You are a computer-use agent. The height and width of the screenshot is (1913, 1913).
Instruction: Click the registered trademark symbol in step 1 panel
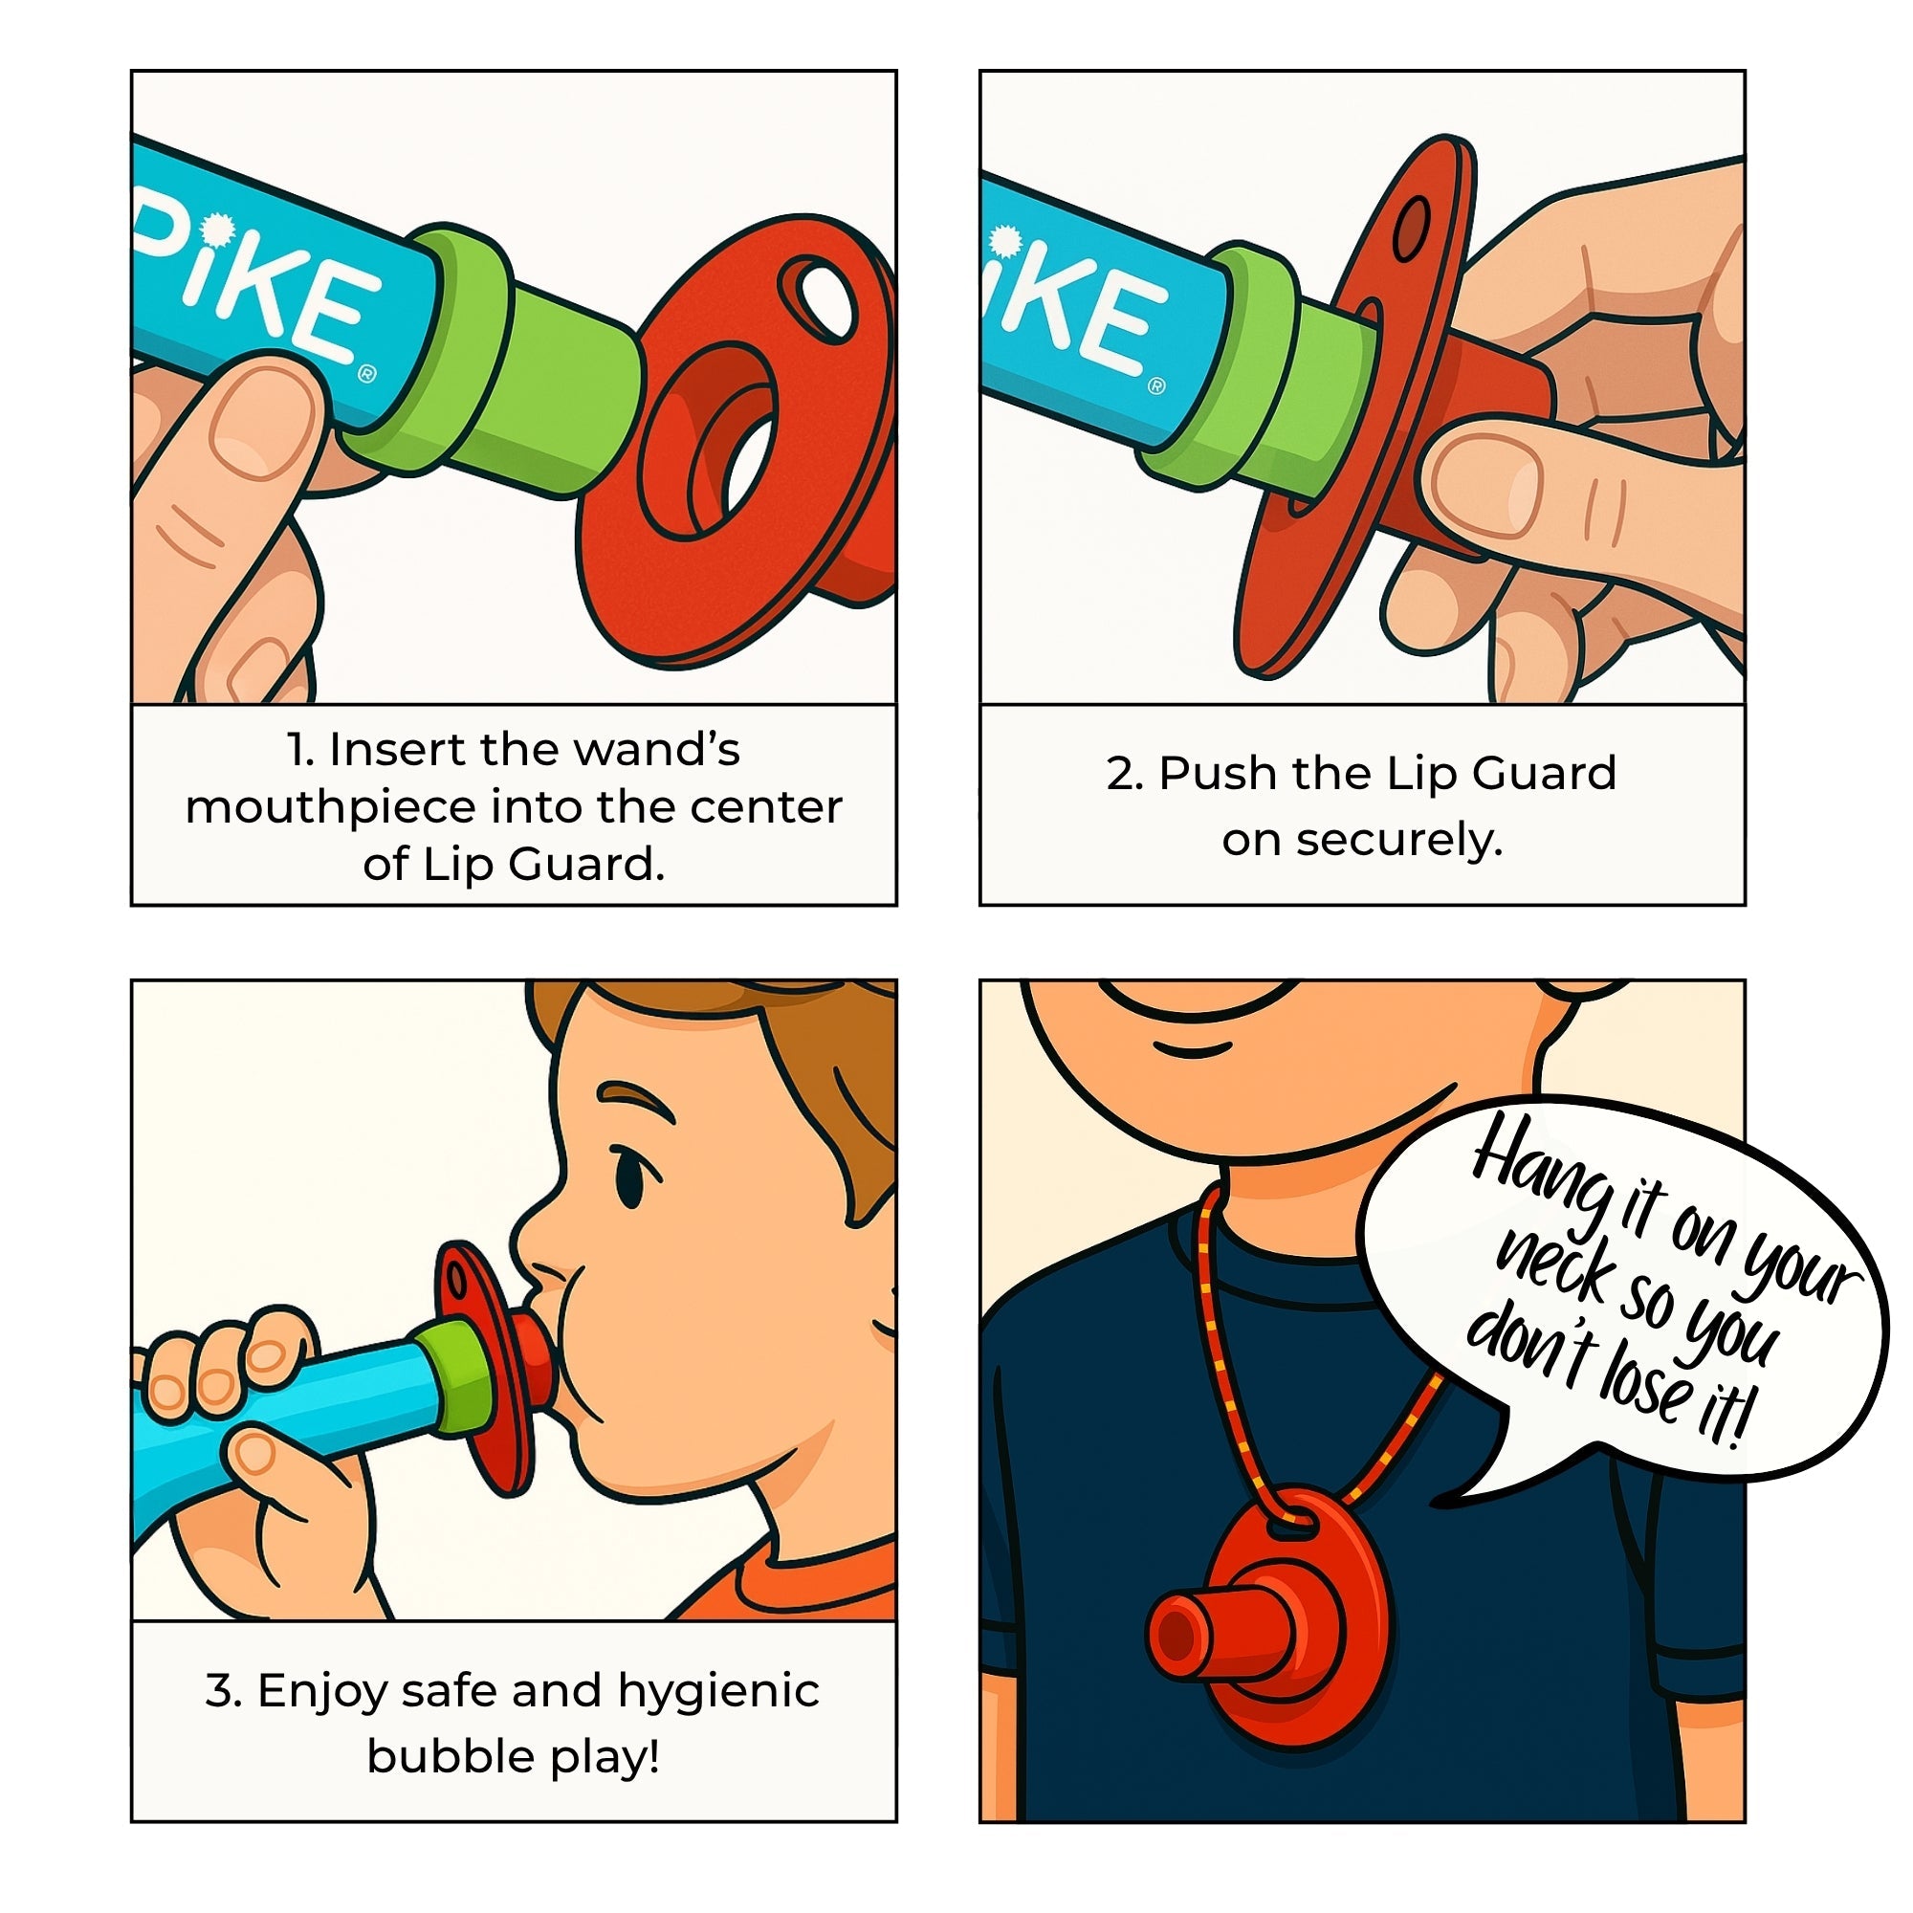(366, 373)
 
